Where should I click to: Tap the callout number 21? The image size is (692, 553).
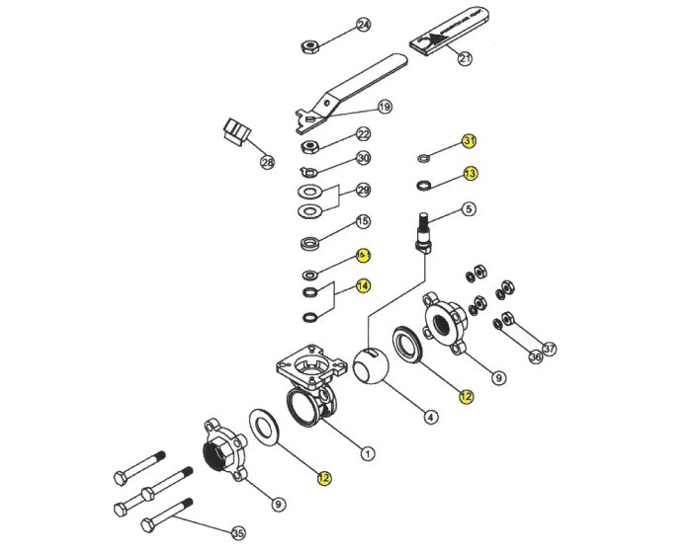coord(466,58)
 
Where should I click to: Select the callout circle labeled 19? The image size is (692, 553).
coord(385,107)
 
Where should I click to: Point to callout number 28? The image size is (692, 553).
coord(267,161)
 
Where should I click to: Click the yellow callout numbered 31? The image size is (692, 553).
coord(470,141)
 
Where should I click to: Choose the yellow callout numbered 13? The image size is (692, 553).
coord(470,174)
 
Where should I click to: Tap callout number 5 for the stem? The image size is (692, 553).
coord(469,208)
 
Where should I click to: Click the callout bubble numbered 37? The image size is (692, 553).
coord(550,348)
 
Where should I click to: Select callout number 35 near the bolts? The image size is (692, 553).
coord(238,533)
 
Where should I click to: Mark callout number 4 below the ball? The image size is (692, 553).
coord(431,418)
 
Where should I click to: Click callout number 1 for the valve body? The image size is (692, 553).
coord(368,454)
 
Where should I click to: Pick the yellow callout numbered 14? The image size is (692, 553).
coord(364,285)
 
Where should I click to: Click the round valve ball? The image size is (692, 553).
coord(371,370)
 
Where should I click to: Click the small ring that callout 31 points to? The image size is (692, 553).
coord(423,155)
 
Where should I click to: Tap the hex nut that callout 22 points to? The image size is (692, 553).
coord(307,146)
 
